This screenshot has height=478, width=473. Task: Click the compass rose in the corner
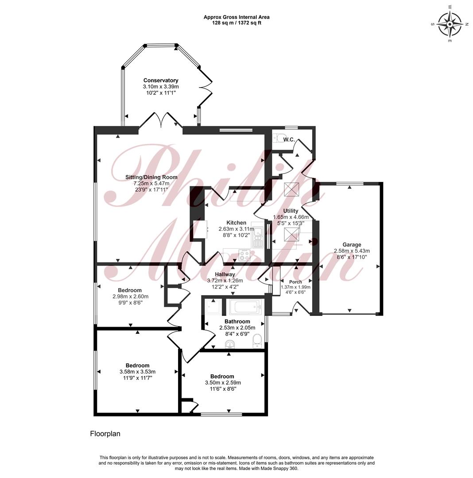pos(450,24)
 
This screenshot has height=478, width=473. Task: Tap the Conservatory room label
pos(161,81)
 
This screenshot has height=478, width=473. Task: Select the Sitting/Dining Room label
pos(151,177)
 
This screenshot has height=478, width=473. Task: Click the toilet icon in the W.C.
pos(279,138)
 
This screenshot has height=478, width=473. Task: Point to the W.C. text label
pos(289,139)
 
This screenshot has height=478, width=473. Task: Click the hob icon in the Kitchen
pos(244,255)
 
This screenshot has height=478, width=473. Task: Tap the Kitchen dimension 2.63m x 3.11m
pos(237,229)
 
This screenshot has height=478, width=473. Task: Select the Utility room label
pos(291,211)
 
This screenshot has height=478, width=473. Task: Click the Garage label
pos(352,244)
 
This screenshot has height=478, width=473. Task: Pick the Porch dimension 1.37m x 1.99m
pos(295,287)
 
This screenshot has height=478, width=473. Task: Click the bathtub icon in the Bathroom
pos(245,307)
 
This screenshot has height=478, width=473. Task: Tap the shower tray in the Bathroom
pos(214,307)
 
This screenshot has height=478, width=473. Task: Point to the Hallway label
pos(225,274)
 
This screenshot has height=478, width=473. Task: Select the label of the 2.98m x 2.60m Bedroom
pos(130,290)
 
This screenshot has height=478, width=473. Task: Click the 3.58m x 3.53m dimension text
pos(138,372)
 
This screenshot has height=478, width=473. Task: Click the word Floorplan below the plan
pos(105,434)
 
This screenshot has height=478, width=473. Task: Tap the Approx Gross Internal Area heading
pos(237,17)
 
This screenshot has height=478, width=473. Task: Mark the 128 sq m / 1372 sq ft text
pos(237,23)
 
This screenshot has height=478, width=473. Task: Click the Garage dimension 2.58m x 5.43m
pos(352,251)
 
